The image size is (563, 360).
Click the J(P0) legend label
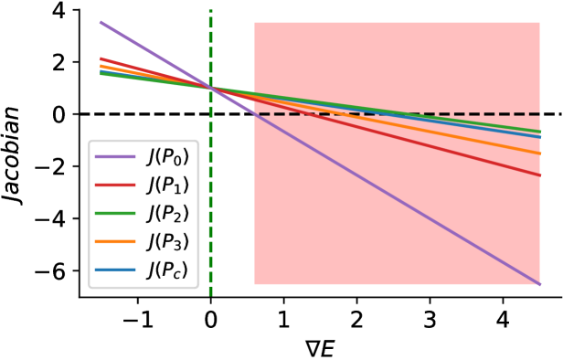168,157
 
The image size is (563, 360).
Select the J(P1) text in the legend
168,185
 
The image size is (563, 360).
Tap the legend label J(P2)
168,214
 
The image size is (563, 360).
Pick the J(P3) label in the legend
168,242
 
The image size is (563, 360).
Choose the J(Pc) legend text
168,270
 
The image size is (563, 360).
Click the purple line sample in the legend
115,157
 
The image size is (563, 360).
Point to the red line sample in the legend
115,185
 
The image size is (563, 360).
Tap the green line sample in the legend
115,214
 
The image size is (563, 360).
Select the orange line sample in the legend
115,242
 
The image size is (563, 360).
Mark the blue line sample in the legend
115,270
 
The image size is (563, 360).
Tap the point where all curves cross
210,88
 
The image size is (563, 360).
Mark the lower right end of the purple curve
539,284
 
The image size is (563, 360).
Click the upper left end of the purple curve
101,22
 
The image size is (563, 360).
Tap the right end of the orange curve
540,154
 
